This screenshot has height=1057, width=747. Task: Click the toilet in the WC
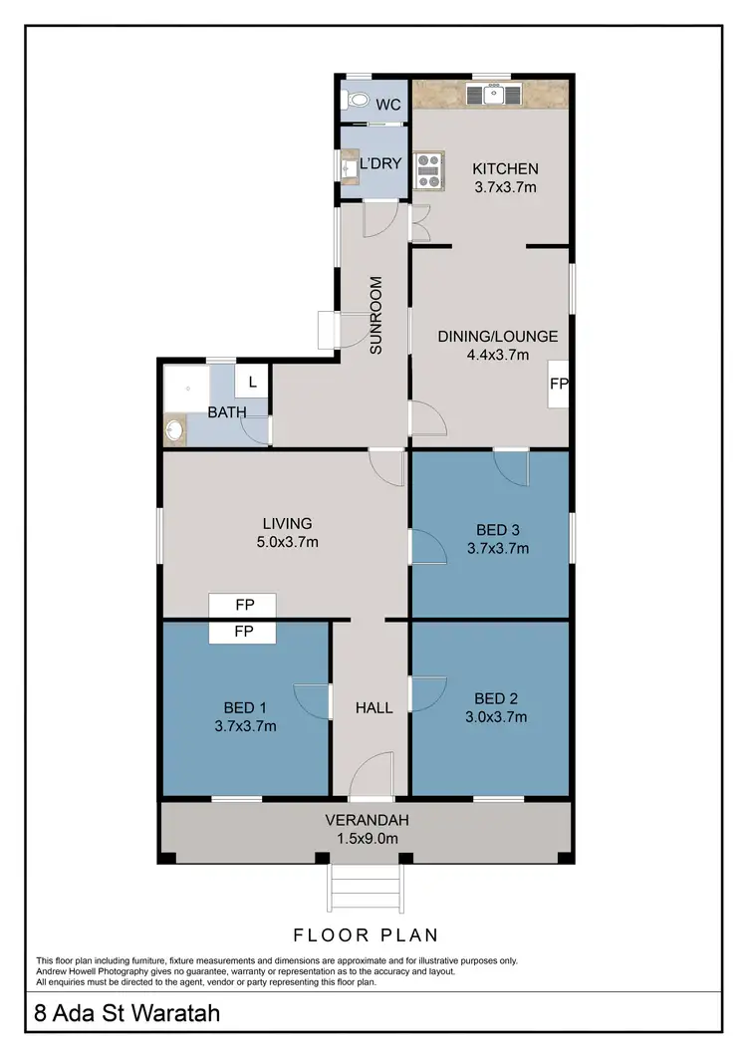point(355,101)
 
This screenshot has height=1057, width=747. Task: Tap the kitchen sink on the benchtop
point(492,95)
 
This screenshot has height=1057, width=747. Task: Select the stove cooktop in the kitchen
point(428,169)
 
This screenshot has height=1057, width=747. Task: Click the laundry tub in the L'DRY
point(349,169)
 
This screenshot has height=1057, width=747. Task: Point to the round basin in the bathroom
point(174,431)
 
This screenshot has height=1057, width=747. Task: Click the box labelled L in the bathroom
point(252,381)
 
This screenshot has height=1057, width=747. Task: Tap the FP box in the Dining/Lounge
point(557,384)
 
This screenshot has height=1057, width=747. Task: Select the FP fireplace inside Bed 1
point(242,632)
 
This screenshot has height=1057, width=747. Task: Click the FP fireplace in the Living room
point(242,605)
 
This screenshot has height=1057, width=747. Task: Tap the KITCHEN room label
point(505,168)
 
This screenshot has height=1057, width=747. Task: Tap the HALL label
point(374,708)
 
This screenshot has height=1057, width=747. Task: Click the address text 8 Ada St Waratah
point(127,1014)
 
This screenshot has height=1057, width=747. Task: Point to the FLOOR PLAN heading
point(366,934)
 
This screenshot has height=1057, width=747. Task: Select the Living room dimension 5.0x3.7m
point(287,542)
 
